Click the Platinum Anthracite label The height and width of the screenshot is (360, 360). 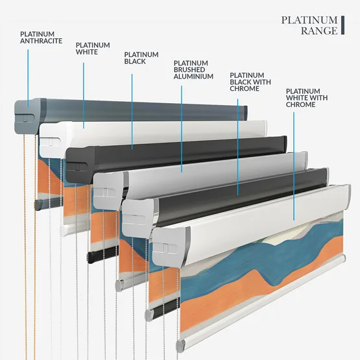coord(41,38)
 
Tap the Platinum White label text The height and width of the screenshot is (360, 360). coord(93,49)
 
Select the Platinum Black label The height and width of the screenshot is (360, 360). coord(141,58)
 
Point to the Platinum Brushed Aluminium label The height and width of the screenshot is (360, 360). coord(193,70)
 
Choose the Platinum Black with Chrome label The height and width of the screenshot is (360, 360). coord(250,82)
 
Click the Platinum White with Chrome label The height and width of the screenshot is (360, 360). coord(307,98)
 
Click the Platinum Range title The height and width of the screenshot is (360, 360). coord(309,25)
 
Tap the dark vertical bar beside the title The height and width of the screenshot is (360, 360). coord(342,25)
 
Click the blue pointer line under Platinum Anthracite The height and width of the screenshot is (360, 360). coord(28,78)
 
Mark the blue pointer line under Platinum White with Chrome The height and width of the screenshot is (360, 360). coord(294,166)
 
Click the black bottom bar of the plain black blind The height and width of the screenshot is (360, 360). coord(102,254)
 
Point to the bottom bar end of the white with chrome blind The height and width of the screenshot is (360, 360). coord(180,346)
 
